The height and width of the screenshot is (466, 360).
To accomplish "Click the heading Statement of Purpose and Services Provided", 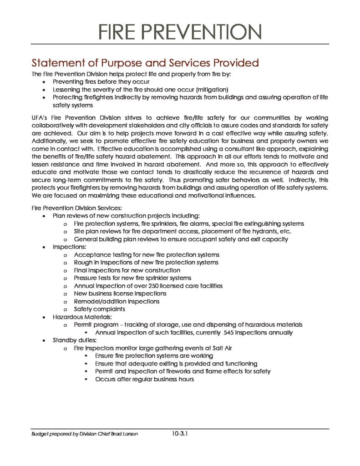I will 145,62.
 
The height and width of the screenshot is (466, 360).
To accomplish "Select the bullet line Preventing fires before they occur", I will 101,81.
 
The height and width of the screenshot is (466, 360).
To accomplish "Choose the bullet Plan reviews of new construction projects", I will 126,216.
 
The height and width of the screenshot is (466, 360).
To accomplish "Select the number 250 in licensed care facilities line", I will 156,286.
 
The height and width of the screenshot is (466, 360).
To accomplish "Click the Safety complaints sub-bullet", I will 100,309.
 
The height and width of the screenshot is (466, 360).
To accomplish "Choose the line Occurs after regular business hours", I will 144,379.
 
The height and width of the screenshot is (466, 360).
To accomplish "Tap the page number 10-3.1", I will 180,434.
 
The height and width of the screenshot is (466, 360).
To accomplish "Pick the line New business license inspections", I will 120,294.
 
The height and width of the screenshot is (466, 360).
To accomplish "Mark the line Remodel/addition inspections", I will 117,301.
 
